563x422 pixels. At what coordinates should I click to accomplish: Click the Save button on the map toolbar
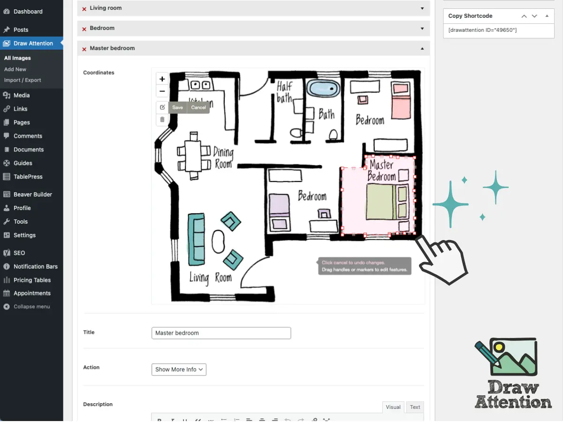coord(177,107)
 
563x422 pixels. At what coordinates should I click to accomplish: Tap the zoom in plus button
coord(162,79)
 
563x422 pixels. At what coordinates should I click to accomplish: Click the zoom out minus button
coord(162,91)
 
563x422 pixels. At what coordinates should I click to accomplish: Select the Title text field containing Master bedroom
coord(221,333)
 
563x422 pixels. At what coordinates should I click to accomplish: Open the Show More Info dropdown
coord(179,369)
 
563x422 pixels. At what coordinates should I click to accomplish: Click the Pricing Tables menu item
coord(32,280)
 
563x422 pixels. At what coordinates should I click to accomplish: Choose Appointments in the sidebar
coord(32,293)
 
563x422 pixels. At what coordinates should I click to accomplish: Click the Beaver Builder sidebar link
coord(32,194)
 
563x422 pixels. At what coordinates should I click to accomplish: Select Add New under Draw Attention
coord(15,69)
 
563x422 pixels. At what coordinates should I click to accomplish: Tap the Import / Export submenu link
coord(23,80)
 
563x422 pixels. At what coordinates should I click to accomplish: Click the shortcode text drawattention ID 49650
coord(482,30)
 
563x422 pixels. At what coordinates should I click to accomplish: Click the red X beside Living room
coord(84,9)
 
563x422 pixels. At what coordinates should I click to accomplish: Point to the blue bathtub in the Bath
coord(322,88)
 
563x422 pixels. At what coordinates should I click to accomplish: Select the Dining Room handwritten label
coord(223,158)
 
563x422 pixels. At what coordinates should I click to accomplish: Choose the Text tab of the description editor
coord(415,407)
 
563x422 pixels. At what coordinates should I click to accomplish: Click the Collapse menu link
coord(31,307)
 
